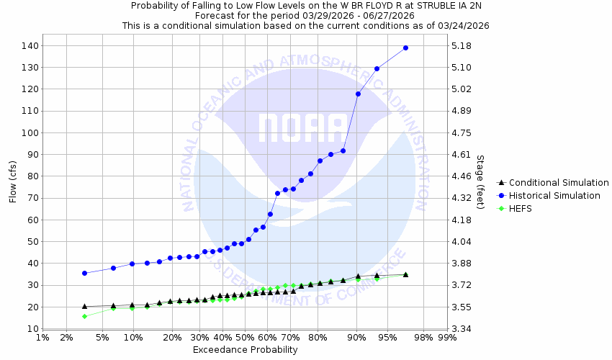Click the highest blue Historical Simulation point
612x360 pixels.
pos(405,48)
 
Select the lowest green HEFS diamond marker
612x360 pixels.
pos(84,316)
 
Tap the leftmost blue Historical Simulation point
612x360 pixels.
pos(84,273)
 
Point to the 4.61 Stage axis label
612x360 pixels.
pos(460,155)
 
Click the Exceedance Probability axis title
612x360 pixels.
pos(245,350)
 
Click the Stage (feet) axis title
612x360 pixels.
pos(480,181)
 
